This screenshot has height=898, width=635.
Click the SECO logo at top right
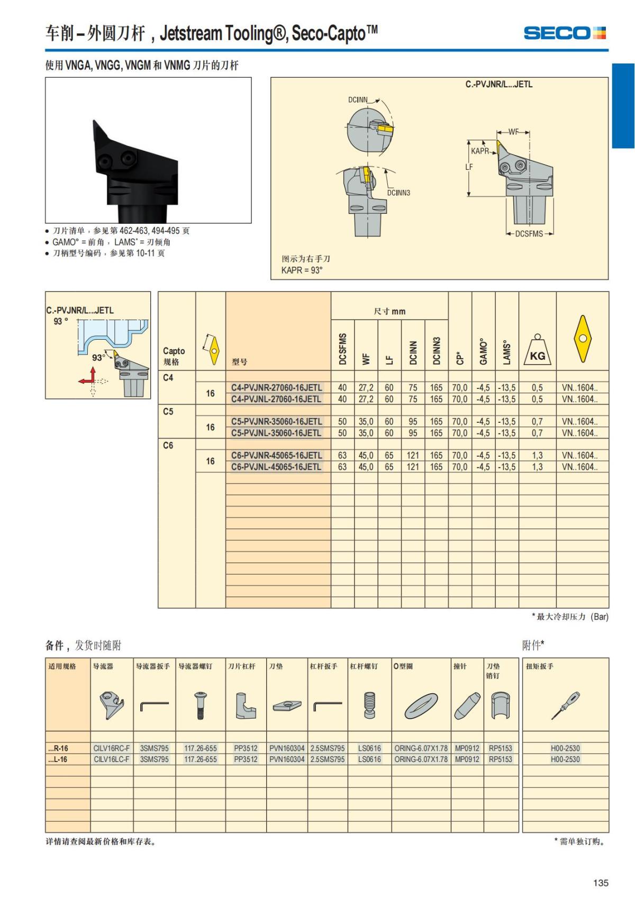point(564,33)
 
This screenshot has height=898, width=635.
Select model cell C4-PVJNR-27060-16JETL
point(276,387)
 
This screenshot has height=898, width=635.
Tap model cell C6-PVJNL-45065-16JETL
point(276,467)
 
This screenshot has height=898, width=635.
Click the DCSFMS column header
point(342,349)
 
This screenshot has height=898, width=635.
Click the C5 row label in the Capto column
point(168,411)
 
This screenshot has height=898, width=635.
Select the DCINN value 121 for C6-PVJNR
point(413,455)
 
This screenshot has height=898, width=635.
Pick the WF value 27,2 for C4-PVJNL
point(366,399)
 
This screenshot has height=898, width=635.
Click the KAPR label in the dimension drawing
point(480,151)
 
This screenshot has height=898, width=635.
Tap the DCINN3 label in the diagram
point(398,193)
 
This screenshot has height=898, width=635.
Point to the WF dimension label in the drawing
point(513,132)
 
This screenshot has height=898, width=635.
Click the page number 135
point(601,883)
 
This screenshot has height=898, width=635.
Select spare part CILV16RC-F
point(111,748)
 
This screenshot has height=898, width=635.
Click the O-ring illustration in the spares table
point(421,706)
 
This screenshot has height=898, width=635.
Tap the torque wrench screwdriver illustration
point(565,705)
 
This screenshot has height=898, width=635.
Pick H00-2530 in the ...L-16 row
point(565,759)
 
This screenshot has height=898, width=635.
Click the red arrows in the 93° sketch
point(88,377)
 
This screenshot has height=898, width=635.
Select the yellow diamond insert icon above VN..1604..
point(582,339)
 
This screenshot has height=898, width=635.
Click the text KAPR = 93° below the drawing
point(302,270)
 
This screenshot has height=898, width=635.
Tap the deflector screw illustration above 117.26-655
point(200,706)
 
